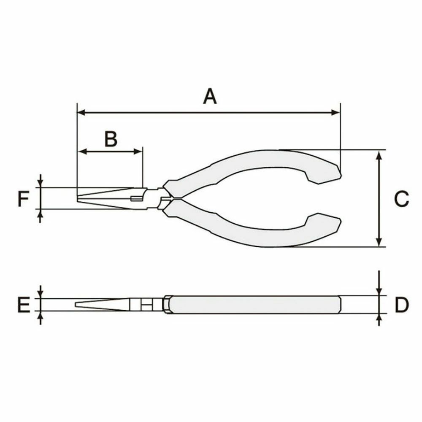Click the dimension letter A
pos(210,96)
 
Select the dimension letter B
pos(111,139)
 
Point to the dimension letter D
pos(402,305)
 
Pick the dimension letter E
pos(24,305)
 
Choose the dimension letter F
pos(23,199)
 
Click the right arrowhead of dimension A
pos(336,112)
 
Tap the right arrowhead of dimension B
pos(138,151)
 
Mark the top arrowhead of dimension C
pos(379,154)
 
